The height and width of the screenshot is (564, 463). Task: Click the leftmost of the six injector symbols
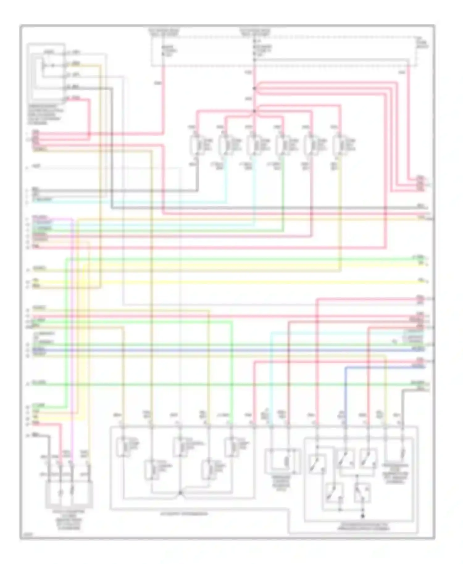[196, 144]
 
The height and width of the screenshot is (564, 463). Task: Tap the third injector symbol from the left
[253, 144]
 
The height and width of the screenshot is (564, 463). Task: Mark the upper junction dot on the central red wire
[254, 89]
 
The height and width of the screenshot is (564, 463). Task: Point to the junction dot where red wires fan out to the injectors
[254, 111]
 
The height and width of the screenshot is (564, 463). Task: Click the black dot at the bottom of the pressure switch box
[363, 516]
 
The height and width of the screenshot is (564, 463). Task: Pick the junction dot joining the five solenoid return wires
[180, 493]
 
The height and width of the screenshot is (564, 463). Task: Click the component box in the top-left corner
[46, 73]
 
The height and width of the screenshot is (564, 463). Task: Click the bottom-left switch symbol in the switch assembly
[334, 493]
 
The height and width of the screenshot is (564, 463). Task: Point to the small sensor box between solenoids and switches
[282, 461]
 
